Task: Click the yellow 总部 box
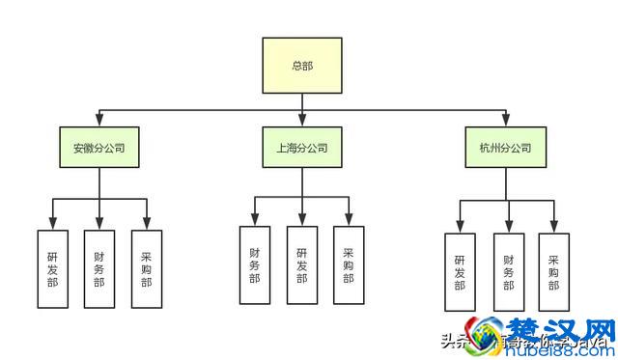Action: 302,66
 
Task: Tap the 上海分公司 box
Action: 301,149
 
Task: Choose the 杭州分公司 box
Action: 505,149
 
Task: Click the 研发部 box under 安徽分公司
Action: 52,268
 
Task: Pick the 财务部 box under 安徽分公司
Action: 98,268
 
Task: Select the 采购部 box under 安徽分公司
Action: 146,268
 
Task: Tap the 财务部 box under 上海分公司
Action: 254,263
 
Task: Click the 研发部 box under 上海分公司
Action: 301,263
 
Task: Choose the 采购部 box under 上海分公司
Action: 349,263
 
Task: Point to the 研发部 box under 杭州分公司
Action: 460,272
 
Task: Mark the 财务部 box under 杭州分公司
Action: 508,272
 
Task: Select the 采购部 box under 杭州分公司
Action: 554,272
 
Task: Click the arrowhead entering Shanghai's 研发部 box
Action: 301,220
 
